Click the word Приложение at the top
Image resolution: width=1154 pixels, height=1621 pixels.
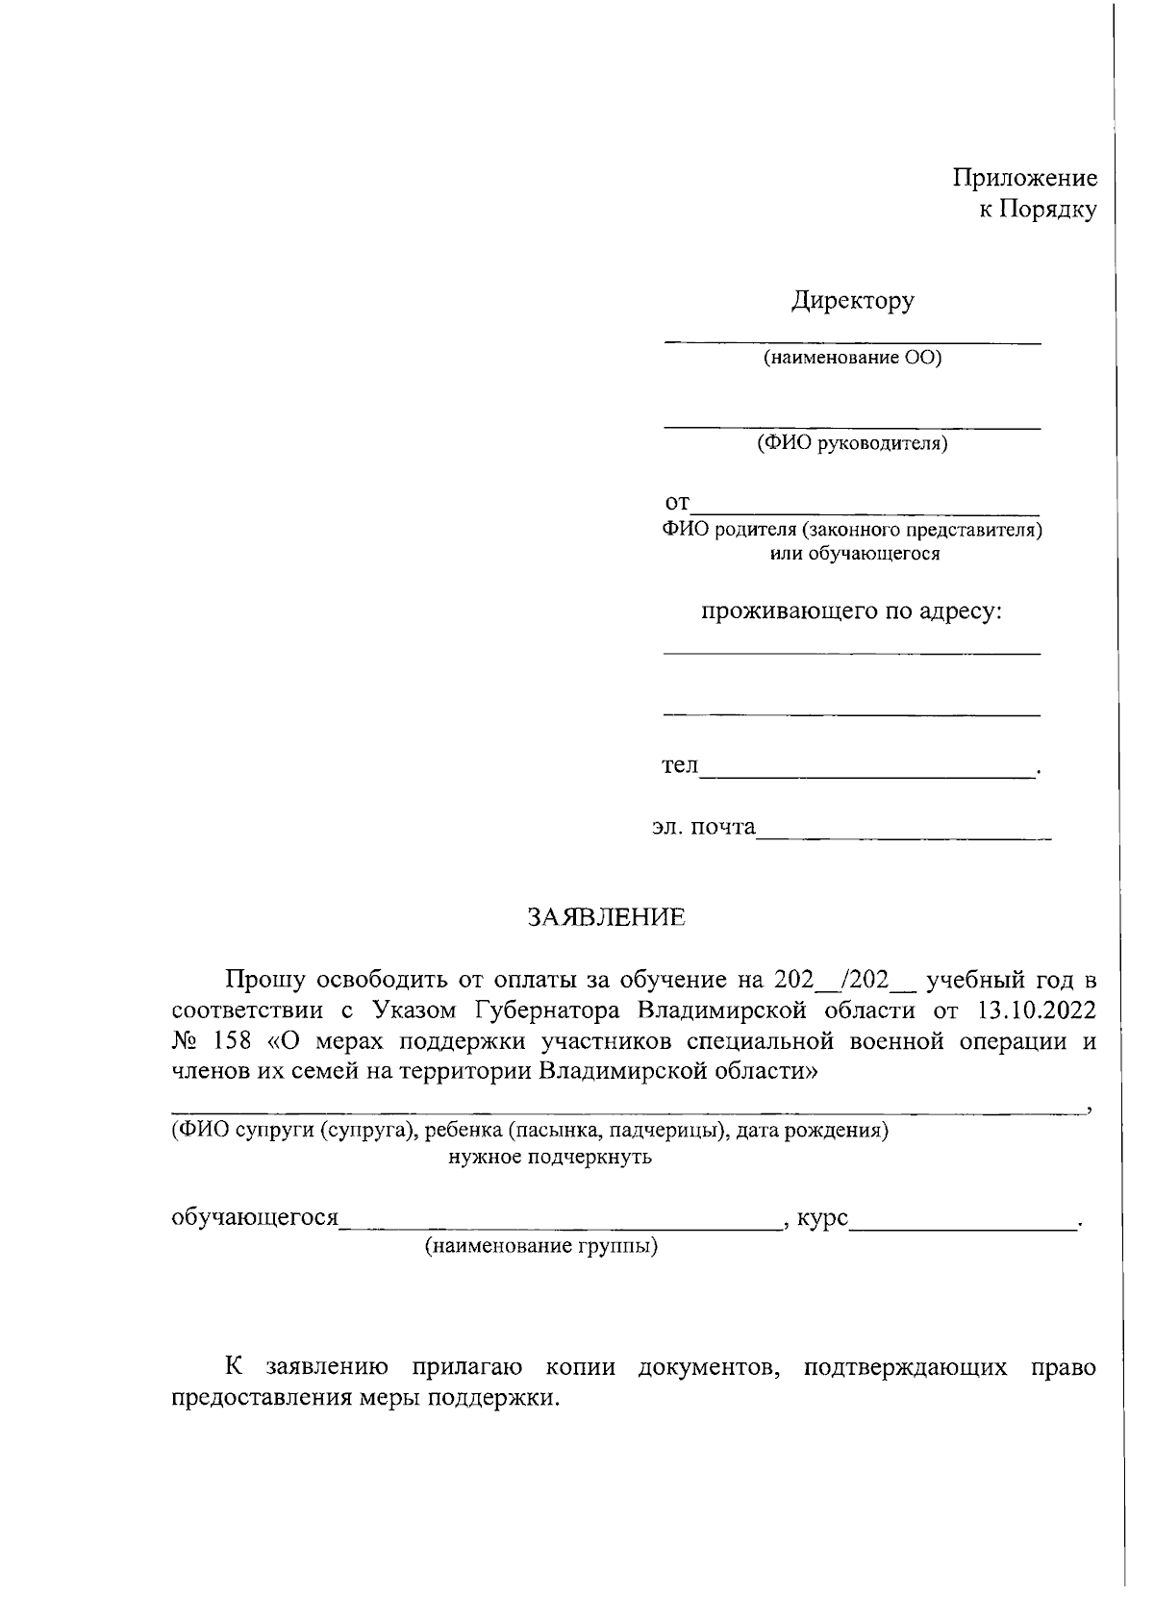pyautogui.click(x=1024, y=178)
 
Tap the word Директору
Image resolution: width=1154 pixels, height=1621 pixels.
pyautogui.click(x=852, y=301)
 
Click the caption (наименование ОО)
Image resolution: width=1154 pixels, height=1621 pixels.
pyautogui.click(x=852, y=359)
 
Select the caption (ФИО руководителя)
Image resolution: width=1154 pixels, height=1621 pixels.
pyautogui.click(x=852, y=443)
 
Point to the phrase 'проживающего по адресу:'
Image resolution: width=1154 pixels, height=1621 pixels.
pyautogui.click(x=852, y=611)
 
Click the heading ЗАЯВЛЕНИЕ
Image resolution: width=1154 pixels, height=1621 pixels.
pyautogui.click(x=606, y=917)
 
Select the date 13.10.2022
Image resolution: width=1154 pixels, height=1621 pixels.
pyautogui.click(x=1035, y=1010)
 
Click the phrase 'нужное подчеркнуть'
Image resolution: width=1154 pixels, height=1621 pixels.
pyautogui.click(x=550, y=1157)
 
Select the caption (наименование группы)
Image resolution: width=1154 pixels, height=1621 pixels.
pyautogui.click(x=542, y=1248)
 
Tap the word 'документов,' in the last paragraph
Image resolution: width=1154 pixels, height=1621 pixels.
pyautogui.click(x=708, y=1367)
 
